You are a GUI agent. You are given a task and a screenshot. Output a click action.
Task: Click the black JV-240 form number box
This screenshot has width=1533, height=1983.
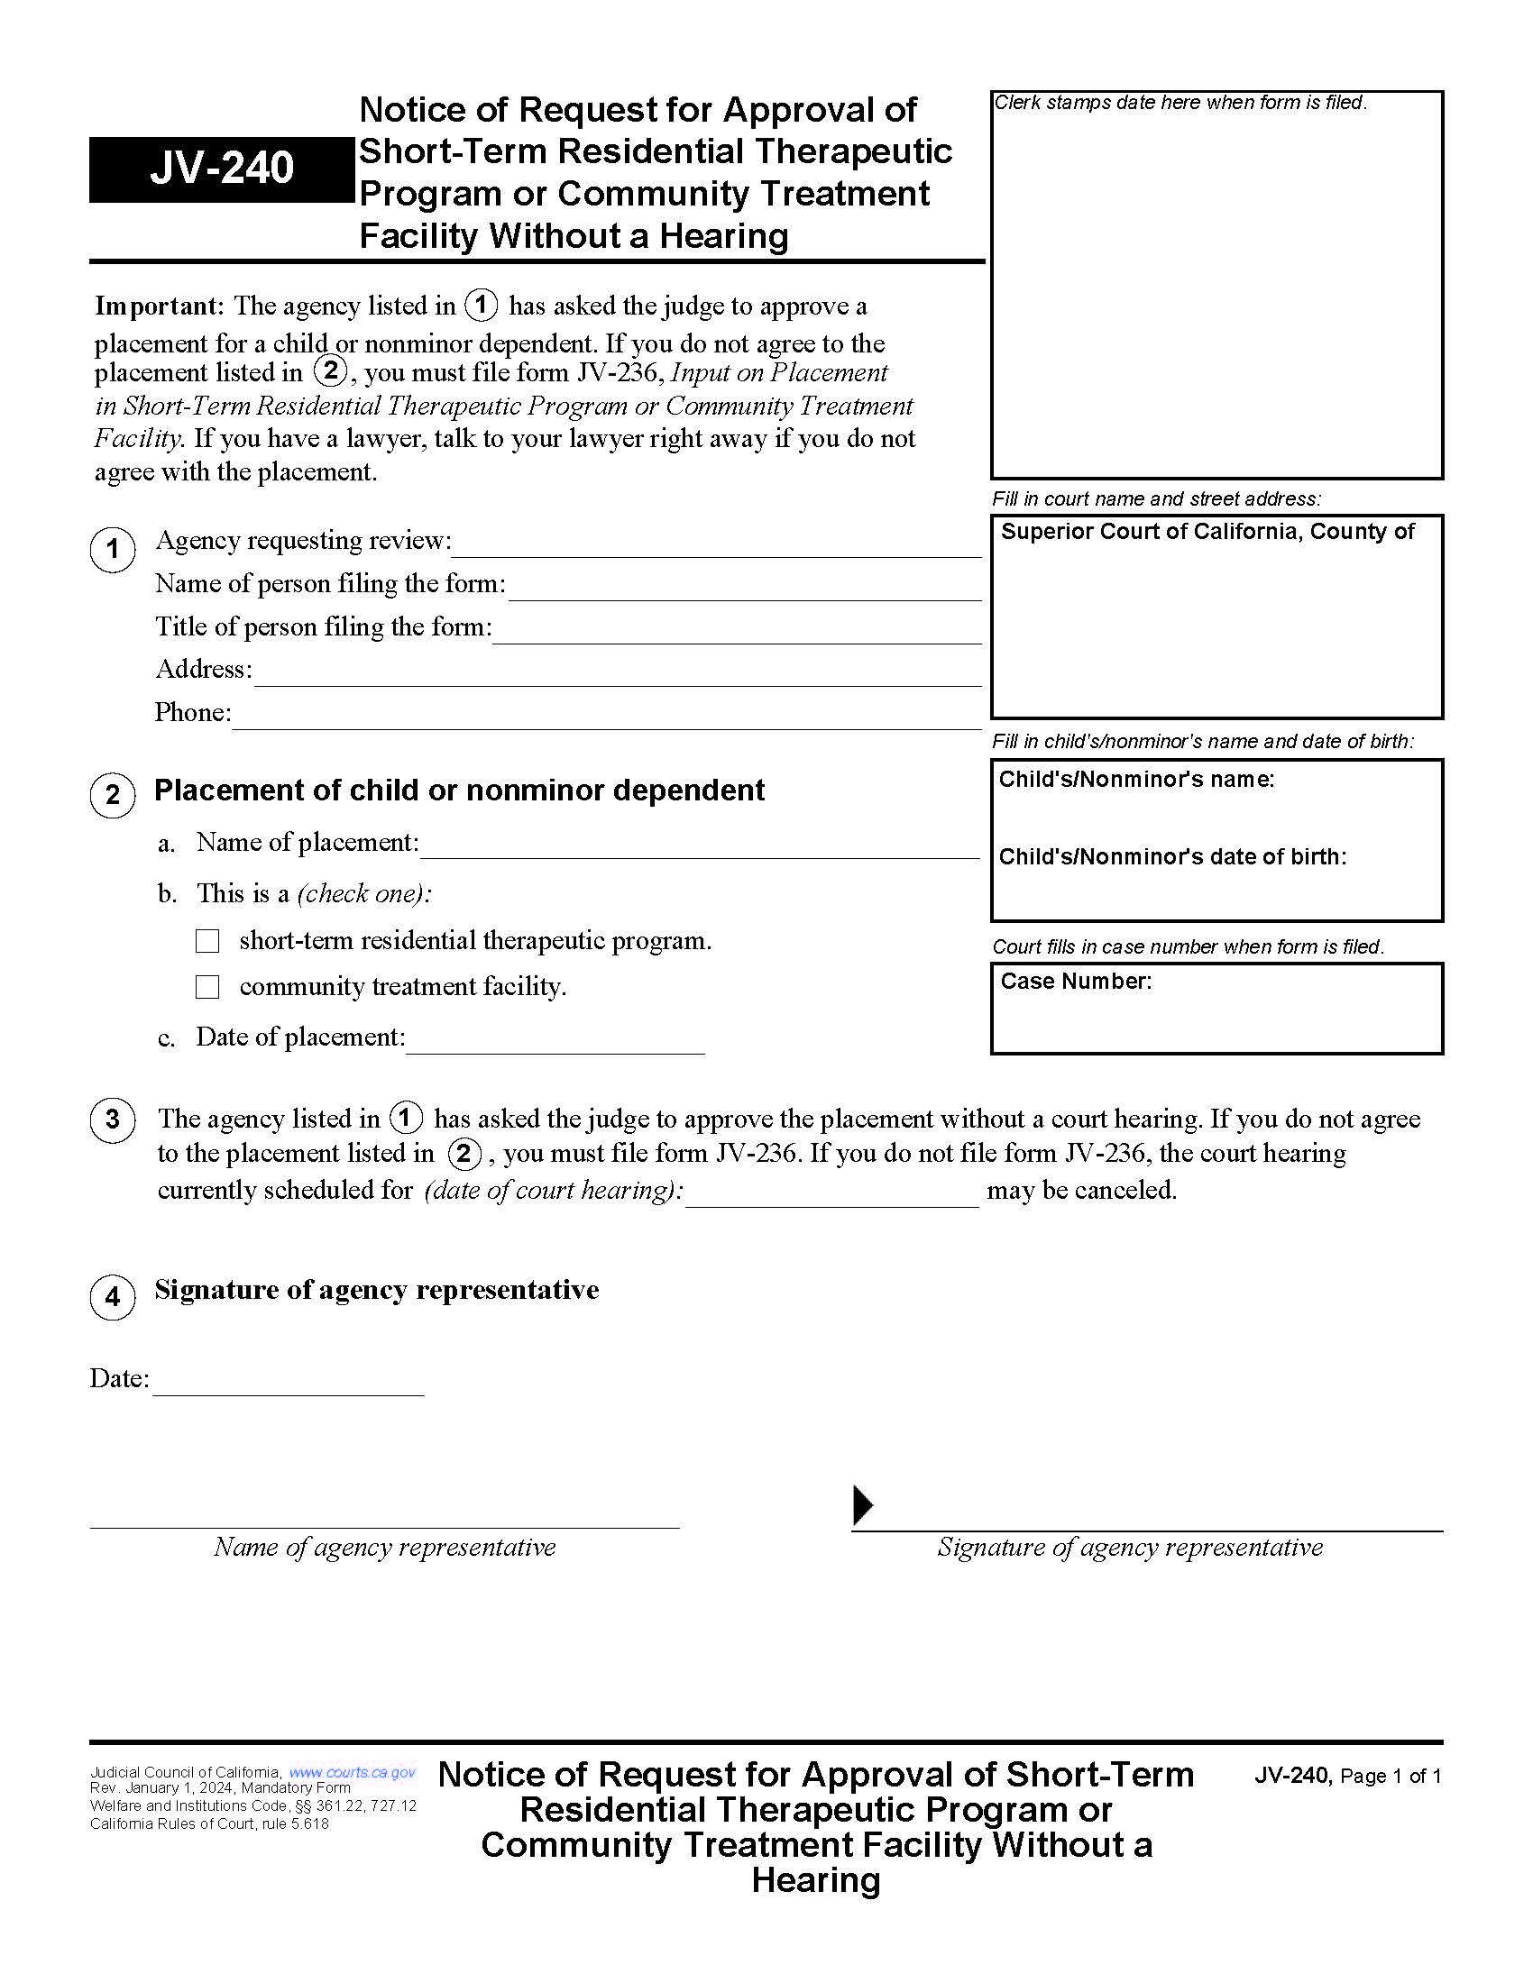click(221, 169)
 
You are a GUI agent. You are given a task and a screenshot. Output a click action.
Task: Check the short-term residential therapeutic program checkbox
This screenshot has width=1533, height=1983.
click(208, 941)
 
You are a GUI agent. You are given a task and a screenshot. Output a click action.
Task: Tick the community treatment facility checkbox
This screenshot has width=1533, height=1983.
click(208, 987)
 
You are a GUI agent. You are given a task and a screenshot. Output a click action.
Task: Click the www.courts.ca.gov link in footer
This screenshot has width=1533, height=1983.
click(353, 1772)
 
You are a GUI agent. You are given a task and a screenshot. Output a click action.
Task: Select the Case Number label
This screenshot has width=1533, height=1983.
click(1075, 982)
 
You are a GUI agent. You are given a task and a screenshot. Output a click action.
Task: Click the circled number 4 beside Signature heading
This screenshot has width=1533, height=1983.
click(113, 1296)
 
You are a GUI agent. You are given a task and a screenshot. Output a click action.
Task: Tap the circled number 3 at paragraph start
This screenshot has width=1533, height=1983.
click(113, 1119)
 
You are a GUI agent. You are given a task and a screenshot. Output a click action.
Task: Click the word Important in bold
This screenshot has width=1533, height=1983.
click(159, 306)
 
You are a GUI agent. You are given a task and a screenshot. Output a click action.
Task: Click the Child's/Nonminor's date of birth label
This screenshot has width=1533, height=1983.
click(1171, 857)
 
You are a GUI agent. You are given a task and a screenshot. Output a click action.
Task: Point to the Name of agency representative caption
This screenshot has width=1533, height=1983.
click(384, 1547)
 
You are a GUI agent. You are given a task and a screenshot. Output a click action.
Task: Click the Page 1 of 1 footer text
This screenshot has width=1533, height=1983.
click(1391, 1776)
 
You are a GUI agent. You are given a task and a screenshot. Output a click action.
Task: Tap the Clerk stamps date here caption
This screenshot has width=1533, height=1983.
click(1180, 103)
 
